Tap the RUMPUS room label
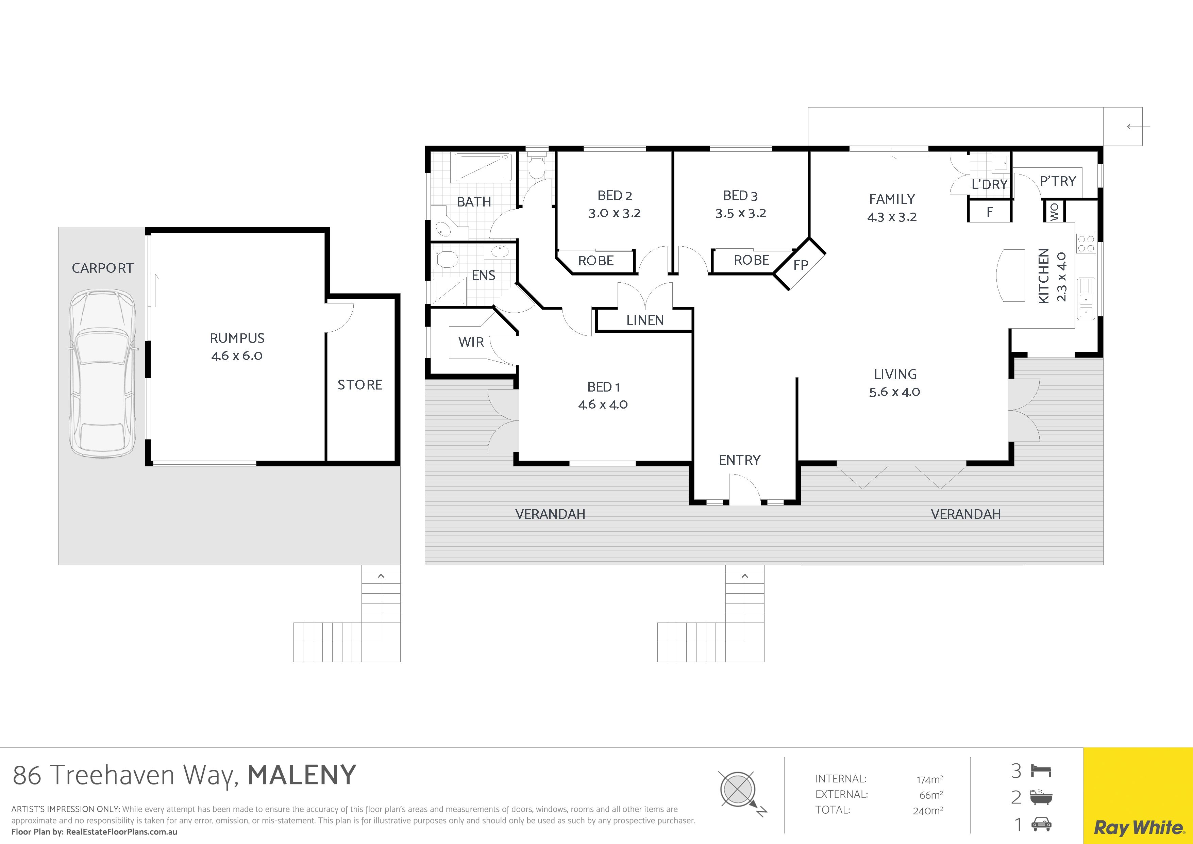pos(237,338)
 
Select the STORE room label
pos(360,385)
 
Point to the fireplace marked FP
pos(800,265)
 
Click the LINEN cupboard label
pos(645,320)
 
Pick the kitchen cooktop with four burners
pos(1086,244)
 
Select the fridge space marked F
pos(989,212)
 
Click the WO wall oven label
pos(1054,212)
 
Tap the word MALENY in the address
pos(302,775)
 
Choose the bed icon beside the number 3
pos(1041,771)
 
